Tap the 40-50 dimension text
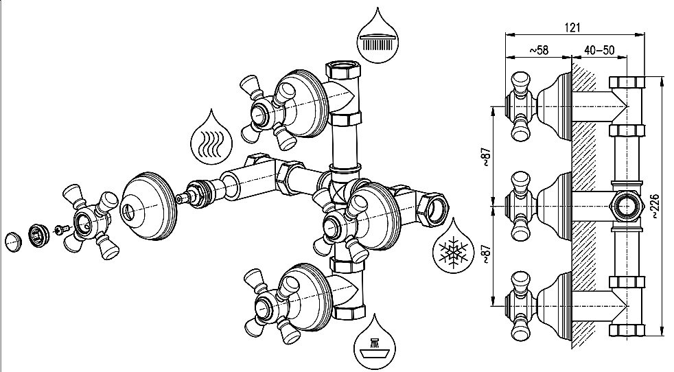click(599, 51)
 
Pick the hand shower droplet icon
click(375, 340)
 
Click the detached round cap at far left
click(12, 241)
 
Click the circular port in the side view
click(625, 204)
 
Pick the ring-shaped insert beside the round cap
click(38, 235)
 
